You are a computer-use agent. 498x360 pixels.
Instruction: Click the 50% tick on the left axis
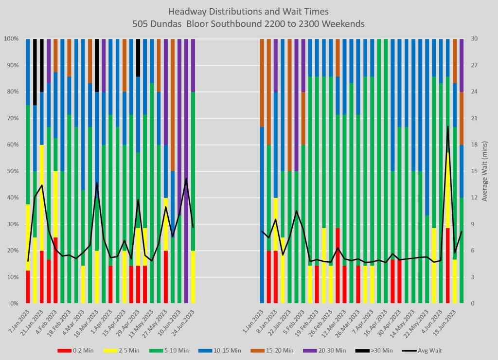click(11, 171)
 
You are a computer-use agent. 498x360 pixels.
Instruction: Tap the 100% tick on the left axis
click(10, 39)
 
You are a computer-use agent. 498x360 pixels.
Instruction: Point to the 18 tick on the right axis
click(470, 144)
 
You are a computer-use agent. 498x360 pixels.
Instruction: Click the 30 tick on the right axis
click(470, 39)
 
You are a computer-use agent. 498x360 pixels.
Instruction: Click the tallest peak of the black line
click(448, 126)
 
